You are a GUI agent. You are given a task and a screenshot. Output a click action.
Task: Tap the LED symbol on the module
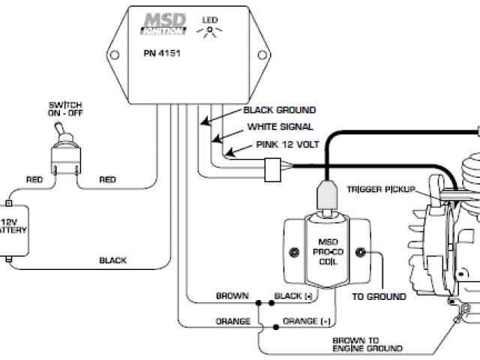point(208,28)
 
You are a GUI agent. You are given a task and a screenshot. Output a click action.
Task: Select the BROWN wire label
point(232,296)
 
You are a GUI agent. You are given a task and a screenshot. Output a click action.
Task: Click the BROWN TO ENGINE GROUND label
point(367,343)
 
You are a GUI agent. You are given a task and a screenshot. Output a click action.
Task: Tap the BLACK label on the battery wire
point(112,261)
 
